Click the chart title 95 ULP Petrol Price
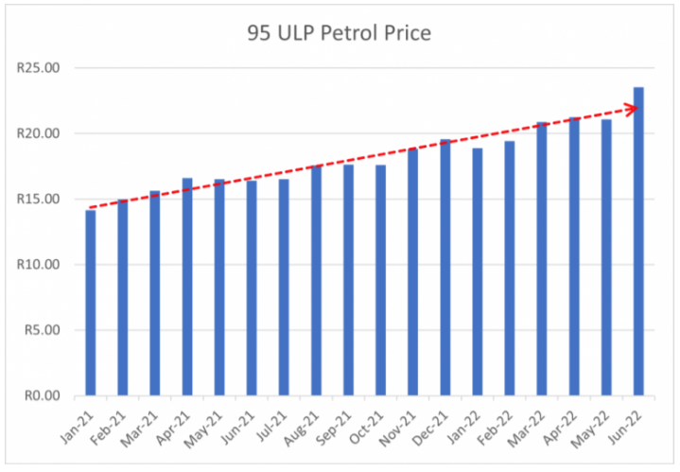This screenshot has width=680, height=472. tap(338, 34)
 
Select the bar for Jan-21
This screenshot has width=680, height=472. tap(91, 303)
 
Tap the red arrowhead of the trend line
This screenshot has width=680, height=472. tap(633, 108)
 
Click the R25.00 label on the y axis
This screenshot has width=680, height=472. tap(39, 68)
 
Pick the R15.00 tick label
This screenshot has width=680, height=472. tap(39, 199)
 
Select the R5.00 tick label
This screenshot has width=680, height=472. tap(42, 330)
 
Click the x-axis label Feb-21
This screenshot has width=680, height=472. tap(113, 422)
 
